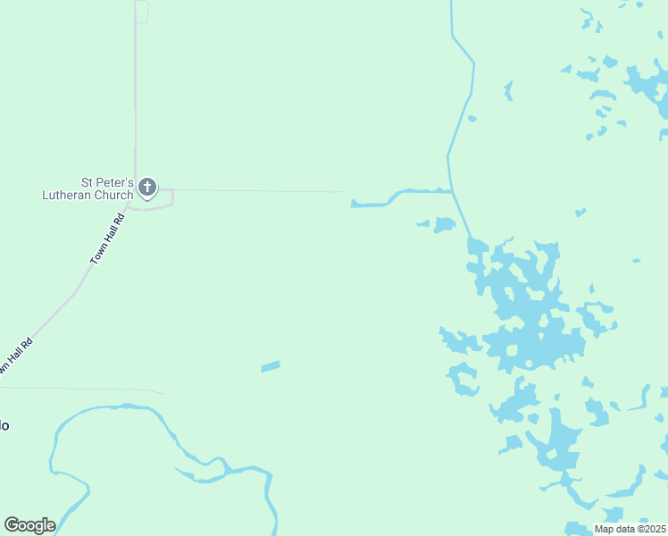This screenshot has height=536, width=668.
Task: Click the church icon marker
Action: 147,188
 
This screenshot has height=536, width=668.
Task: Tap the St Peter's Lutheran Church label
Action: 88,188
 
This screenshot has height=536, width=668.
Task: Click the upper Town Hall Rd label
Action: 106,239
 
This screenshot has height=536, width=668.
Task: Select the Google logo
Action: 29,525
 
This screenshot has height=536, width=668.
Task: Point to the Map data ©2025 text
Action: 630,529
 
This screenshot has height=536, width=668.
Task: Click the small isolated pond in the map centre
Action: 271,366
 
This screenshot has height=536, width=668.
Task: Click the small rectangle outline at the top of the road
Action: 141,12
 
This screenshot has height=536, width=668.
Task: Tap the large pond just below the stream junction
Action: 444,224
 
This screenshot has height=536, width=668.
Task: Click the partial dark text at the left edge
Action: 4,425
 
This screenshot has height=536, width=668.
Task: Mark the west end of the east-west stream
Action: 354,205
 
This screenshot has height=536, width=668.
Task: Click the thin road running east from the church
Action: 259,190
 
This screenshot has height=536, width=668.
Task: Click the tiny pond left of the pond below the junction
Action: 423,223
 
